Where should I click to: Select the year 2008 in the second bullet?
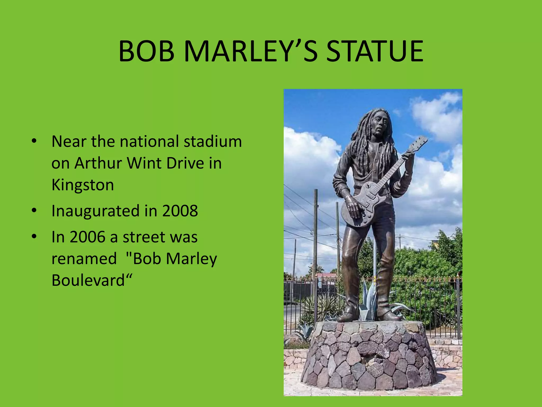coord(180,211)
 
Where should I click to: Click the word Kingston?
coord(83,185)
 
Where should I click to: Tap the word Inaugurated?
coord(95,211)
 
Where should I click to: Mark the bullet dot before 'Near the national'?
coord(34,141)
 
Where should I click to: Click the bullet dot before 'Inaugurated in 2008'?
coord(34,211)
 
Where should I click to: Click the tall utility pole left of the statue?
coord(315,238)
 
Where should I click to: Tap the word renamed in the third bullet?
coord(84,259)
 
